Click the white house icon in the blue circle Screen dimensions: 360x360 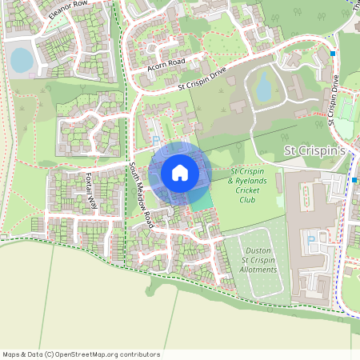pyautogui.click(x=180, y=173)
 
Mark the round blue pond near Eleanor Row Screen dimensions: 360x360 pyautogui.click(x=22, y=59)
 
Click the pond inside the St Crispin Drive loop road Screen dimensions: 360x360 pyautogui.click(x=263, y=87)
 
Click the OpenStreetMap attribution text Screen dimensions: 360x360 pyautogui.click(x=80, y=354)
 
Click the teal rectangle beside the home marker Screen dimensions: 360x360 pyautogui.click(x=200, y=200)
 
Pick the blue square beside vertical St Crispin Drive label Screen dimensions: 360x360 pyautogui.click(x=333, y=54)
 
